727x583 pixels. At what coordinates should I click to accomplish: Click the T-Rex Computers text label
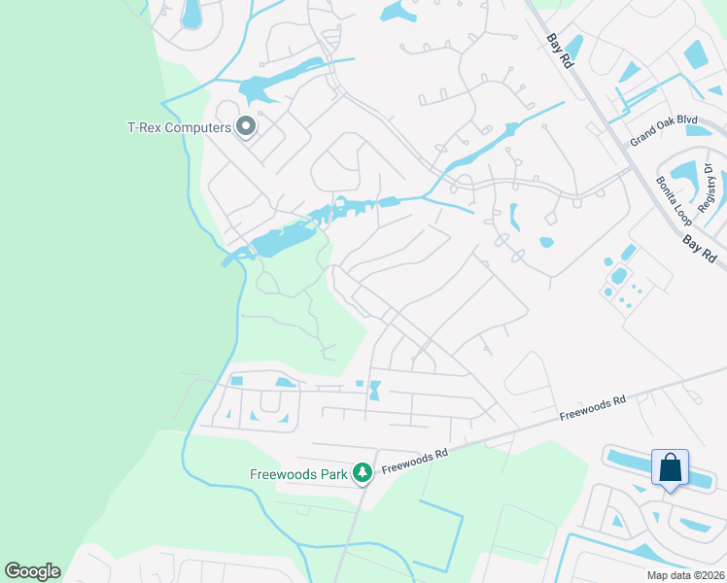tap(179, 127)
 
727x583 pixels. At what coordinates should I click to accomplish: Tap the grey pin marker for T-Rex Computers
tap(246, 126)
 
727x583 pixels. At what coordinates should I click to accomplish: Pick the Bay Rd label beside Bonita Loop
tap(699, 249)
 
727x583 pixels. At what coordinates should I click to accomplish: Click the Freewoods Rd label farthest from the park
tap(593, 407)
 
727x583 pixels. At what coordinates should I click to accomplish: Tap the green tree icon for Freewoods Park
tap(363, 473)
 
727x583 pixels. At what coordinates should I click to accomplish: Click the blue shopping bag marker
tap(670, 467)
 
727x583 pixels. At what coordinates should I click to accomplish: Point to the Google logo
tap(32, 571)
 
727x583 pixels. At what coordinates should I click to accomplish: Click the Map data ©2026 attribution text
tap(685, 575)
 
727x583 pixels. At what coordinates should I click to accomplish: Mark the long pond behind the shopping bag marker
tap(632, 463)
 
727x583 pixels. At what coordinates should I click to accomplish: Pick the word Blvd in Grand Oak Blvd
tap(687, 120)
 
